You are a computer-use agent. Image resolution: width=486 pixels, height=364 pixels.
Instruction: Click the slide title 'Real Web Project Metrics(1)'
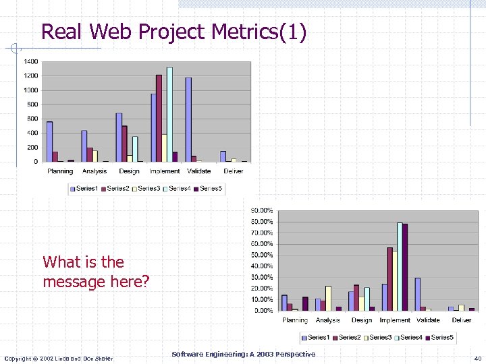[x=173, y=31]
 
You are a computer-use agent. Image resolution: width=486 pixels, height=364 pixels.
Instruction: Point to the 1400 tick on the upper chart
[x=31, y=61]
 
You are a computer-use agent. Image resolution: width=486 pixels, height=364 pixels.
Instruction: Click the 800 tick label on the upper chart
[x=32, y=104]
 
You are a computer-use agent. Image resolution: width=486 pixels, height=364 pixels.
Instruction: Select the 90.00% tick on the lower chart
[x=262, y=210]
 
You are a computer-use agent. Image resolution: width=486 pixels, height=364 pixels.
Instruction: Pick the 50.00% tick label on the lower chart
[x=262, y=255]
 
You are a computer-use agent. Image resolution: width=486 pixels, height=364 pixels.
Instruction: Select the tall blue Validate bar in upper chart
[x=188, y=119]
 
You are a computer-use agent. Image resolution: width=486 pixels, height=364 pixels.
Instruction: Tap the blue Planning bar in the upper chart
[x=49, y=141]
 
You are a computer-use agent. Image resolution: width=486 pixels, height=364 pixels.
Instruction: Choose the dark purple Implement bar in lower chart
[x=405, y=267]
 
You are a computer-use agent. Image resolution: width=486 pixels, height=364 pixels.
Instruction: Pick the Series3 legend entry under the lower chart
[x=377, y=337]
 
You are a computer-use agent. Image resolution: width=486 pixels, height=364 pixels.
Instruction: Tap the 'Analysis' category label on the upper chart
[x=94, y=171]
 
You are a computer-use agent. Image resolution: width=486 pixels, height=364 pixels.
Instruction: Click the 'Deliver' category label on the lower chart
[x=462, y=320]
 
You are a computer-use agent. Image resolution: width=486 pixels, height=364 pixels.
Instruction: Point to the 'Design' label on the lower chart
[x=362, y=320]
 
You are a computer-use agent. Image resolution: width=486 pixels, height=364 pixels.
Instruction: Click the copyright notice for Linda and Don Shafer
[x=59, y=358]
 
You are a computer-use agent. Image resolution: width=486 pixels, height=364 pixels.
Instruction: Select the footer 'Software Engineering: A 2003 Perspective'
[x=243, y=354]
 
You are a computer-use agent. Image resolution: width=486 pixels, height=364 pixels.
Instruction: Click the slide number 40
[x=477, y=358]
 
